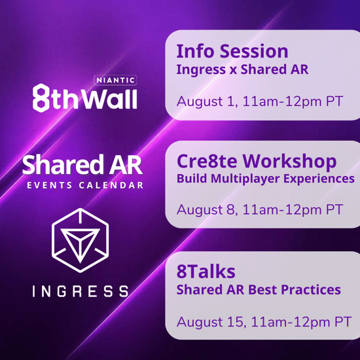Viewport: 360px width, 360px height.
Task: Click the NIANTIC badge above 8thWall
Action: click(x=116, y=81)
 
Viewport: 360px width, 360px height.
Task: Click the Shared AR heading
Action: click(x=83, y=164)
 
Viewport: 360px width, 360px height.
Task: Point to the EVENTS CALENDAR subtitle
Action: click(x=85, y=185)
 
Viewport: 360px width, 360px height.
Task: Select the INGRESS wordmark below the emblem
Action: click(x=82, y=290)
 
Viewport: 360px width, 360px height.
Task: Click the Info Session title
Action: click(x=232, y=51)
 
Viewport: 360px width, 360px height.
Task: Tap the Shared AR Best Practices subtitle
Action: click(x=259, y=289)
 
